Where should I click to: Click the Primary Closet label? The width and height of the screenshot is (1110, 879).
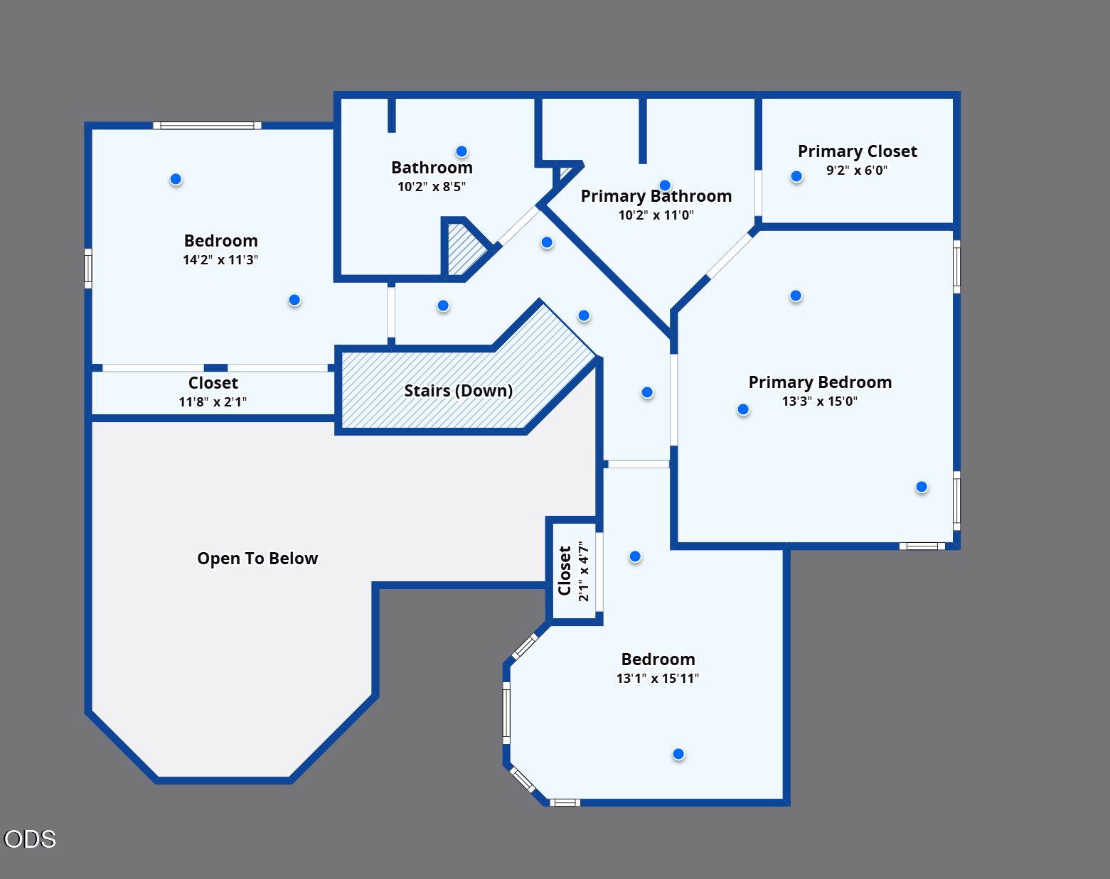[858, 151]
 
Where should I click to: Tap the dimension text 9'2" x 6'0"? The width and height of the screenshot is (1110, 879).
[857, 170]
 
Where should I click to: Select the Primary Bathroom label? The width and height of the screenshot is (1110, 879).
[656, 196]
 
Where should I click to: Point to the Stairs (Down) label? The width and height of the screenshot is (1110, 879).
[458, 391]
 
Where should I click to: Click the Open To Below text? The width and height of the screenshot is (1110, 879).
[257, 559]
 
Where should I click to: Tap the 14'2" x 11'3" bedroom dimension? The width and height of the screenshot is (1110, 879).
[220, 260]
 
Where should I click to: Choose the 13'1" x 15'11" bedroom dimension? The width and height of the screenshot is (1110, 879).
[658, 679]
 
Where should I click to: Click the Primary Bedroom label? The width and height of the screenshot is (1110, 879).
[820, 382]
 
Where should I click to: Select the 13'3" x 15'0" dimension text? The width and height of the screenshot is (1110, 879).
[820, 401]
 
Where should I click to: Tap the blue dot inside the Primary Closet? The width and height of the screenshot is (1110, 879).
[796, 177]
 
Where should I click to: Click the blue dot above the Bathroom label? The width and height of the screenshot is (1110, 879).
[461, 151]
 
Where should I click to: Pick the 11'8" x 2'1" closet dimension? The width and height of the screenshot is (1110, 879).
[213, 401]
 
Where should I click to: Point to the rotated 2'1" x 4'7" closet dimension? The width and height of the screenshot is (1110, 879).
[583, 571]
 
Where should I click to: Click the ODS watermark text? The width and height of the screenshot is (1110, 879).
[30, 839]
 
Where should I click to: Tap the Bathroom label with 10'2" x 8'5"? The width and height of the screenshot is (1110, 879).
[432, 168]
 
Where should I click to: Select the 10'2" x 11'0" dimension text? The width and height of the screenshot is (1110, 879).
[656, 215]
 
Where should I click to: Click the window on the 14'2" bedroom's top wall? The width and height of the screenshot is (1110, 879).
[208, 125]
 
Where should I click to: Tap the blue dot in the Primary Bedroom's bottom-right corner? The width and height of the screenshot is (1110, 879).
[922, 487]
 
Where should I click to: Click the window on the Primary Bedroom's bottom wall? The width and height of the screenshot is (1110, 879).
[922, 546]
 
